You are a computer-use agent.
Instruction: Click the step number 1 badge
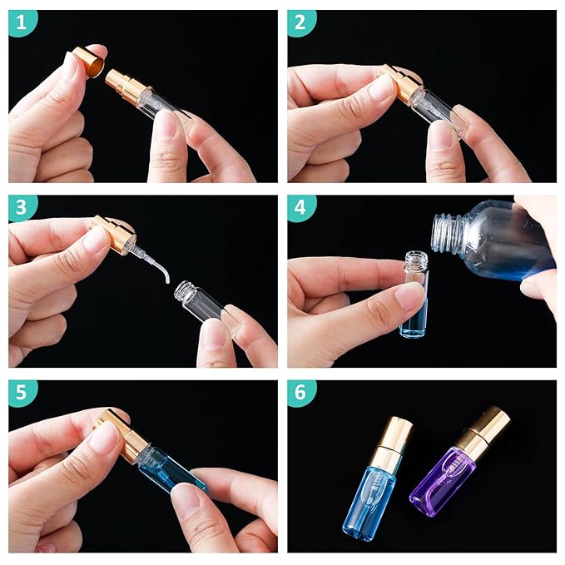click(x=22, y=24)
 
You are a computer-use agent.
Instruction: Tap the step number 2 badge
click(x=302, y=24)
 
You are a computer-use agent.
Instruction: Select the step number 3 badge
click(x=22, y=209)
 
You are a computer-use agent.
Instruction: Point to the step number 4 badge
click(x=302, y=209)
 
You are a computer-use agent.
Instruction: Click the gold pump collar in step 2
click(x=399, y=83)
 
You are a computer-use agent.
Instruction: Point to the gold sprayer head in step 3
click(x=114, y=235)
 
